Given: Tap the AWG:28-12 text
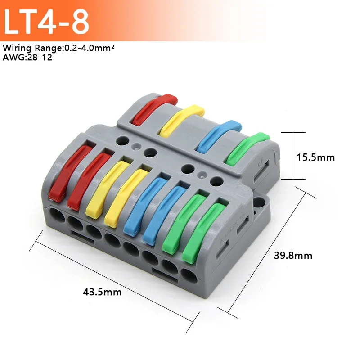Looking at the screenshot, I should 27,57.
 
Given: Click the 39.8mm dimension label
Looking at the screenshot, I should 293,256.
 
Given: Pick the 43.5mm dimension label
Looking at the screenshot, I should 102,292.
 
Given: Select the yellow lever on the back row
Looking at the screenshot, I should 182,119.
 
